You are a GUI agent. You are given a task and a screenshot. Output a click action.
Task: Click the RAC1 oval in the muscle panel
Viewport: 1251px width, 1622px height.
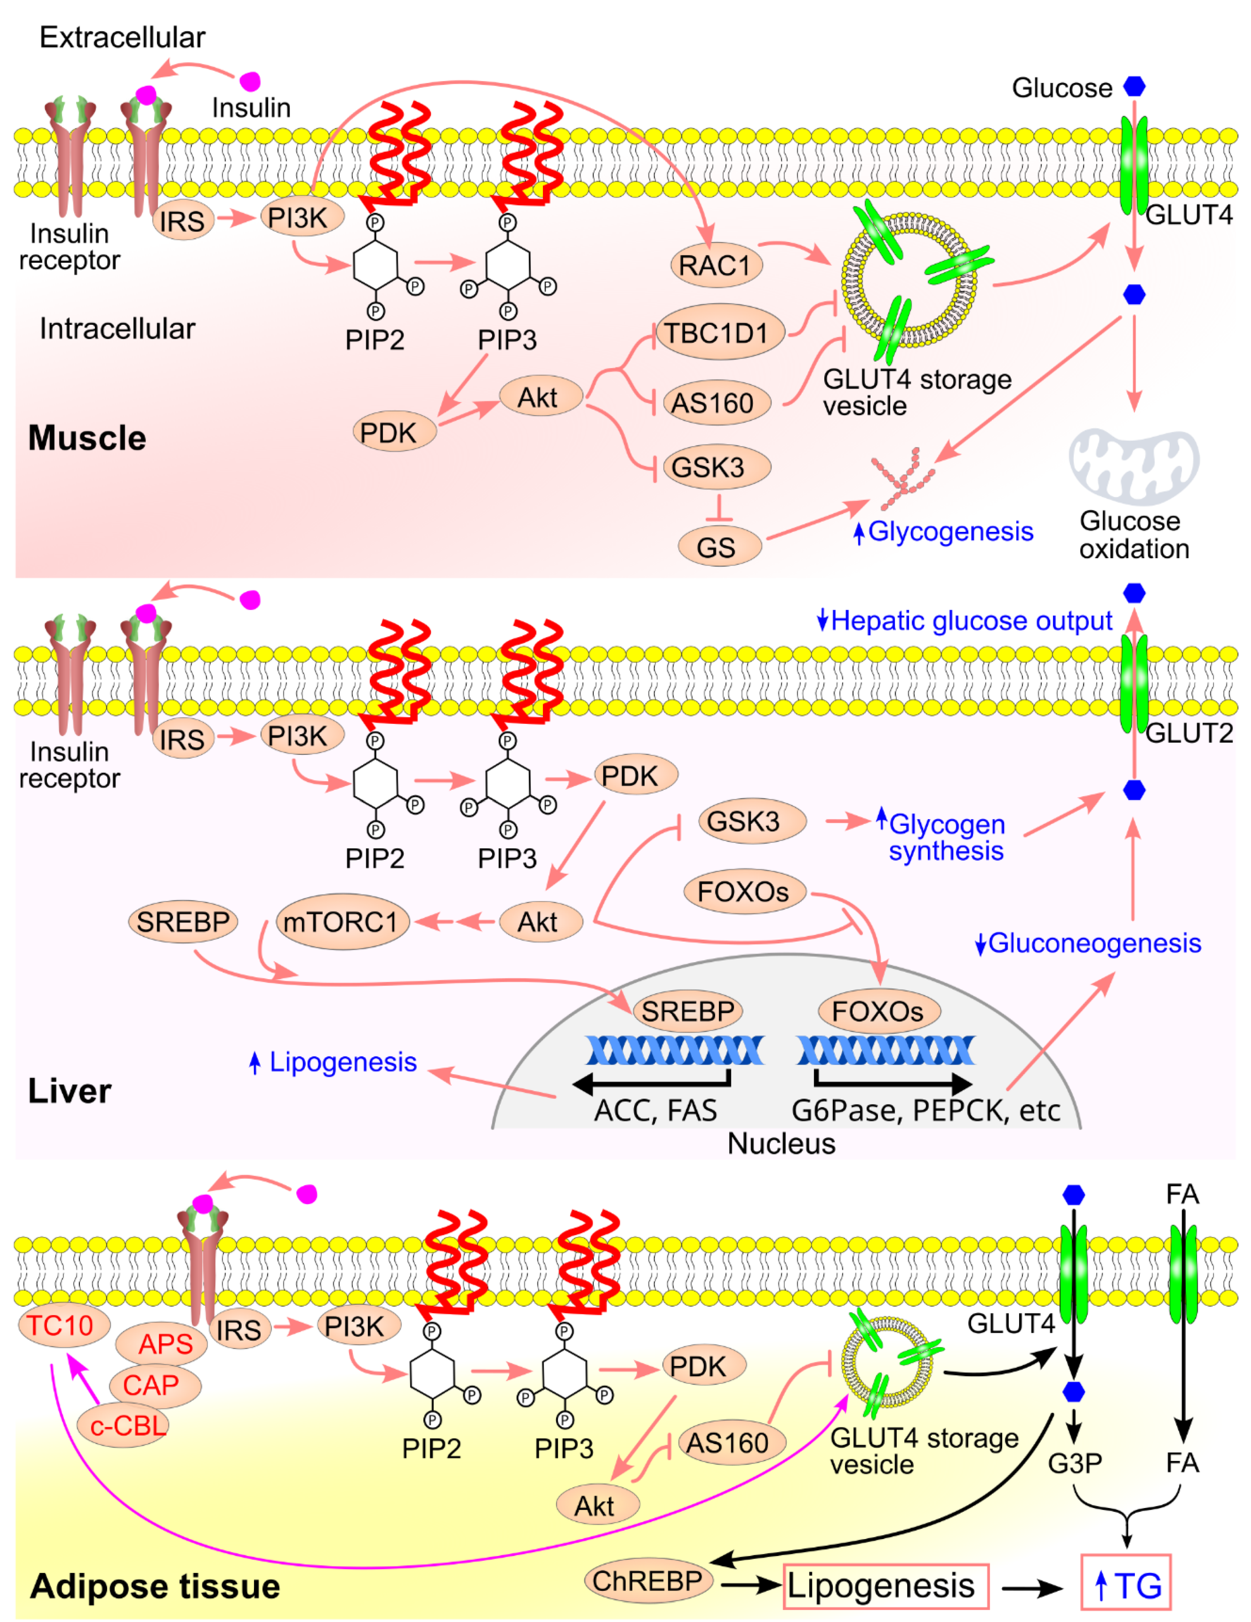tap(716, 265)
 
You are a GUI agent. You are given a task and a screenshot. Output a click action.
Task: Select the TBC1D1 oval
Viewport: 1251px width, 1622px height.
tap(716, 333)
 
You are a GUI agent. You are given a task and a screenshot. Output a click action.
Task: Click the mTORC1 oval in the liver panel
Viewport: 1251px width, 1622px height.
tap(342, 922)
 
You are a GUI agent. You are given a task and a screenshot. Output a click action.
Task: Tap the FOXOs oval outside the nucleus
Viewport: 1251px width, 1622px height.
tap(743, 891)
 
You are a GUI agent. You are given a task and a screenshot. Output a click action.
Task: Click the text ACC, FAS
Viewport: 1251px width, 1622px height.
tap(656, 1110)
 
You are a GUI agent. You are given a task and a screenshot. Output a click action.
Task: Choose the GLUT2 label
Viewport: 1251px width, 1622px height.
tap(1189, 733)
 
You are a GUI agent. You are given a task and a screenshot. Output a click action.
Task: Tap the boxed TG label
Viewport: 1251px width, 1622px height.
tap(1126, 1586)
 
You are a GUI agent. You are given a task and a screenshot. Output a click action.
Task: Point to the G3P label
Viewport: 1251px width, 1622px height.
tap(1074, 1462)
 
